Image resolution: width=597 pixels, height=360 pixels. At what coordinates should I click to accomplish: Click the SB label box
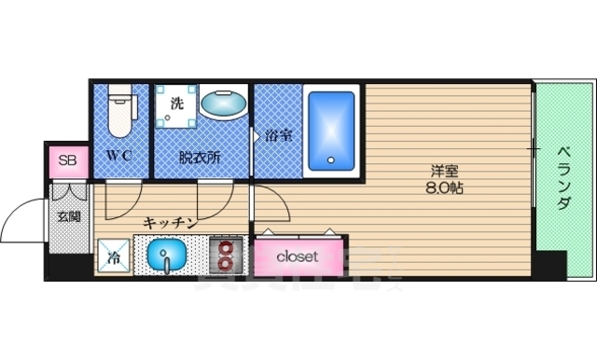(68, 161)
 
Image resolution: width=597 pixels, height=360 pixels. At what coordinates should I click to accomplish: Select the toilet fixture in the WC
(118, 110)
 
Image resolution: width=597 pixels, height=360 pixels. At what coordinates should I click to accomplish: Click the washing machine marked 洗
(176, 103)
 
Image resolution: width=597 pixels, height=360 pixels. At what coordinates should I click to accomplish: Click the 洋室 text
(444, 171)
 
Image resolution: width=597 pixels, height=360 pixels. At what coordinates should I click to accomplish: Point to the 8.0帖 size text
(444, 187)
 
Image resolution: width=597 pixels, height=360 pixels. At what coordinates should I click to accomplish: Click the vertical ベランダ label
(563, 177)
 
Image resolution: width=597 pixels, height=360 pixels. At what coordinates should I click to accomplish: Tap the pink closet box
(297, 255)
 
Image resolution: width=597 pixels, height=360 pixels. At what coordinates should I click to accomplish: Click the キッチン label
(169, 222)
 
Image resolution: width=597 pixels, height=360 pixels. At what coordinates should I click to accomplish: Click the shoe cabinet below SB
(68, 190)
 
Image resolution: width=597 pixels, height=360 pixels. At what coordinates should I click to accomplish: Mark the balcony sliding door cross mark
(534, 148)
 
